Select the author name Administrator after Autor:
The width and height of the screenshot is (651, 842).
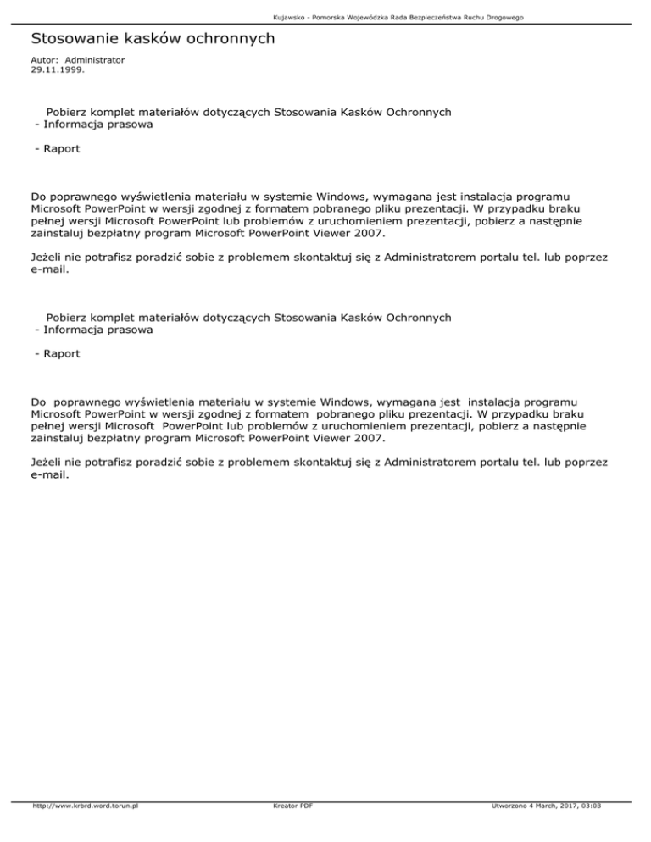pyautogui.click(x=94, y=61)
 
